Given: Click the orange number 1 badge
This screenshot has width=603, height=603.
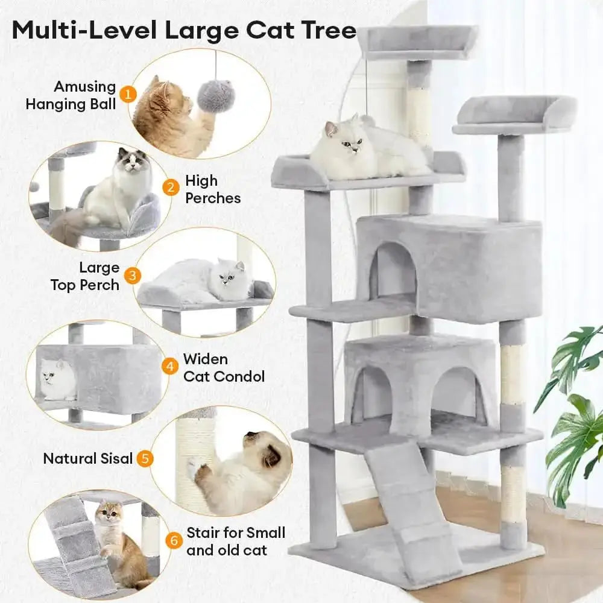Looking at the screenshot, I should click(x=127, y=94).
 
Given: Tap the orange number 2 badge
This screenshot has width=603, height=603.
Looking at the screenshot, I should click(x=172, y=188).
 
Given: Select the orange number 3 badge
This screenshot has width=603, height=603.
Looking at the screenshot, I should click(x=133, y=276).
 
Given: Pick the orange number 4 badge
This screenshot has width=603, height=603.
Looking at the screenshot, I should click(x=171, y=367).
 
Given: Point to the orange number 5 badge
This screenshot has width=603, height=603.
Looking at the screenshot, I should click(x=144, y=458).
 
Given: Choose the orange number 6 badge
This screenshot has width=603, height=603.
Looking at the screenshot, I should click(x=174, y=541).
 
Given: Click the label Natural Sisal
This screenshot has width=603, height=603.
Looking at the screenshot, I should click(x=87, y=458).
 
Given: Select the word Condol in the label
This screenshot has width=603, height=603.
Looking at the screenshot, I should click(x=239, y=377).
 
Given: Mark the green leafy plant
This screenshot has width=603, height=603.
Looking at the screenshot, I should click(x=570, y=410).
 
